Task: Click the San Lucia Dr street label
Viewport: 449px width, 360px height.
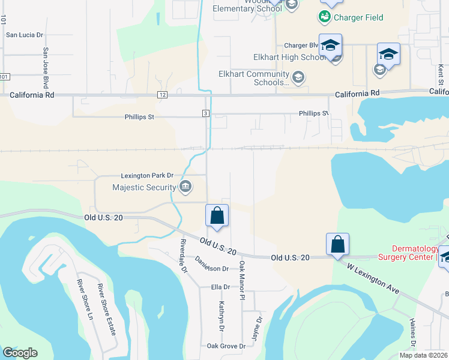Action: tap(25, 35)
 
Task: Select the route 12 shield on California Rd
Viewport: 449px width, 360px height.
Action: tap(162, 95)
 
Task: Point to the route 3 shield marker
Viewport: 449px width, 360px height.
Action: tap(205, 113)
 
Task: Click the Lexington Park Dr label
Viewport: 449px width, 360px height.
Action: tap(147, 175)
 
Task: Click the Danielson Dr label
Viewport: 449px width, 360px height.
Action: tap(212, 264)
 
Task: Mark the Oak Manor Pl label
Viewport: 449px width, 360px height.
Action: tap(243, 280)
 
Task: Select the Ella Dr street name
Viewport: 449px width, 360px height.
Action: tap(220, 287)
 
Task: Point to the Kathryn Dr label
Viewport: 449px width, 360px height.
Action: tap(220, 318)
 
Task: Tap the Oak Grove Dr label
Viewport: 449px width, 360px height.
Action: tap(226, 346)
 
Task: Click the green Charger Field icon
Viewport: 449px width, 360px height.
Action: tap(325, 17)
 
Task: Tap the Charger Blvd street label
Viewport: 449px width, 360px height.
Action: tap(300, 46)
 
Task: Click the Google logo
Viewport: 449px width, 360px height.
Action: tap(20, 353)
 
